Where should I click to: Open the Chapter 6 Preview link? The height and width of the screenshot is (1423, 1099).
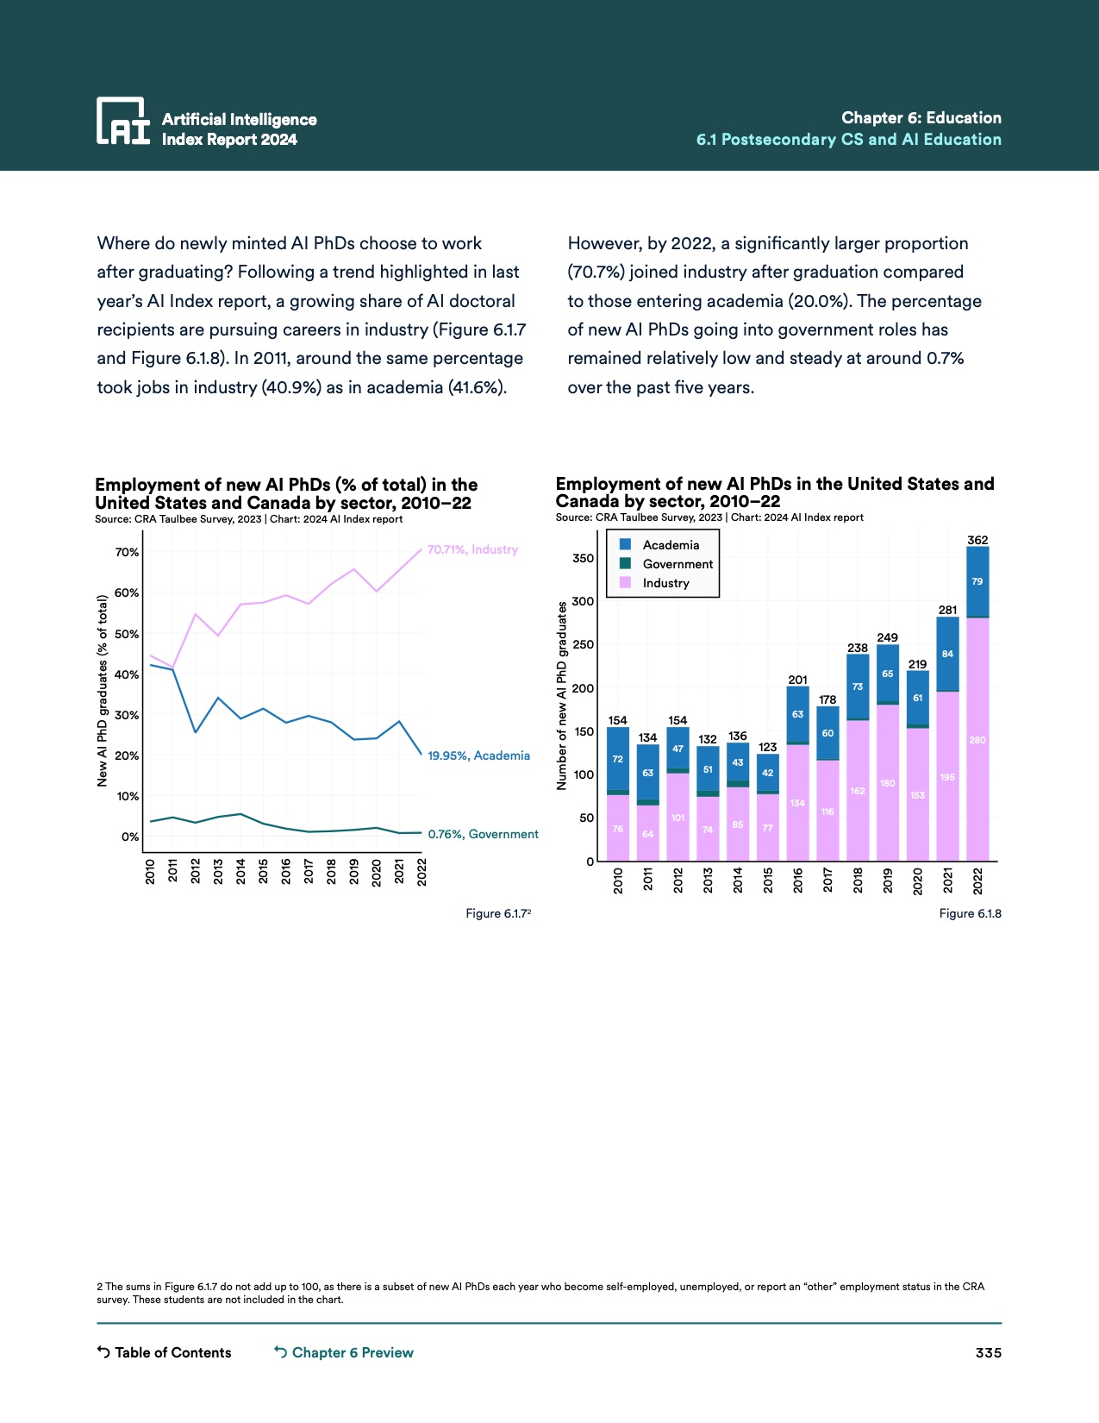[x=344, y=1352]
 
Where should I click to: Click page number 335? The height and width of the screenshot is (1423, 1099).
[x=988, y=1352]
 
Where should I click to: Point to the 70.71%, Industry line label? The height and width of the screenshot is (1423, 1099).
[x=472, y=549]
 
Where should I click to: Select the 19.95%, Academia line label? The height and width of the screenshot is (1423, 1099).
[x=478, y=755]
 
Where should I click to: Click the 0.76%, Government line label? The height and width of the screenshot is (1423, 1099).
[x=483, y=834]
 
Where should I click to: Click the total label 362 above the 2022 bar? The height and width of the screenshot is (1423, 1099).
[x=977, y=540]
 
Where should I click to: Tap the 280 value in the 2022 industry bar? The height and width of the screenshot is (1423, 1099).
[x=977, y=740]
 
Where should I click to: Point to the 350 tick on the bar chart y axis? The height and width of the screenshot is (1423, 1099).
[x=584, y=558]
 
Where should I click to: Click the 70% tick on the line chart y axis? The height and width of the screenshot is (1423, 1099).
[x=127, y=552]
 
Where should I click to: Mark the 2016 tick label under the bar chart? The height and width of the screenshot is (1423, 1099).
[x=798, y=881]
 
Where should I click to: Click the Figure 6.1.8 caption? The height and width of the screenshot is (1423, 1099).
[x=970, y=913]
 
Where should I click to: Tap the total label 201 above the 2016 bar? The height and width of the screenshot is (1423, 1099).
[x=798, y=680]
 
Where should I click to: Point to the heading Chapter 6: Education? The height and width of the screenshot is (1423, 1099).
[x=921, y=118]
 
